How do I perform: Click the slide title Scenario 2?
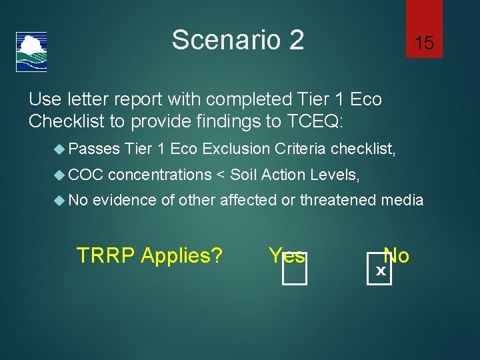pos(237,41)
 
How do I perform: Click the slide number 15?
pos(424,44)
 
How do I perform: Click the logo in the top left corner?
pos(31,51)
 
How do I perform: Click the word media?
pos(402,200)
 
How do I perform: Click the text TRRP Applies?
pos(149,256)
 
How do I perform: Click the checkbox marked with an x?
pos(379,270)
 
